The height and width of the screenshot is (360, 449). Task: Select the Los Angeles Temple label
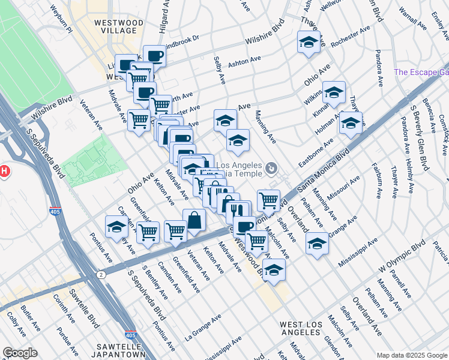(x=239, y=170)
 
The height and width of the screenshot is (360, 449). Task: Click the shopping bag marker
(x=194, y=220)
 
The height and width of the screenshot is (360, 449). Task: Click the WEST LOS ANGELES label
(x=303, y=329)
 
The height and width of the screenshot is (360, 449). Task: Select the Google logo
(x=20, y=353)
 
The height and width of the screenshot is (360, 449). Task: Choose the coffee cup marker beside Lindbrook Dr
(x=154, y=56)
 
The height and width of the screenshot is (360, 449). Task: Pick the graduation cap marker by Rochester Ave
(x=309, y=42)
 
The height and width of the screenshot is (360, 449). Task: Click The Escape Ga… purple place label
(x=421, y=73)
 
